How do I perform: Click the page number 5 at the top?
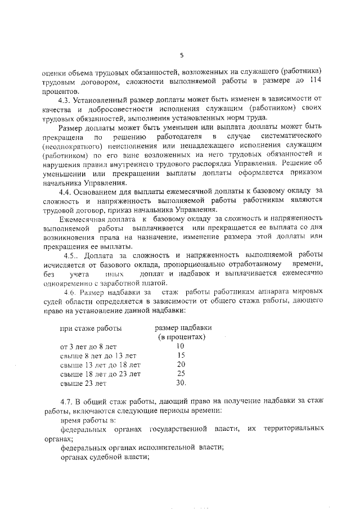click(x=182, y=55)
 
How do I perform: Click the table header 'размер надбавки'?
click(x=179, y=327)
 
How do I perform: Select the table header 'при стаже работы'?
click(x=91, y=328)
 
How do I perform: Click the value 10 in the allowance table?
click(x=180, y=346)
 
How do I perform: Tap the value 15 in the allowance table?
click(x=181, y=355)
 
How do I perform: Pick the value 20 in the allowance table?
click(x=181, y=364)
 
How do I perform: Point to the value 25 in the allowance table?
click(x=181, y=373)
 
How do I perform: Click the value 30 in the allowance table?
click(x=181, y=383)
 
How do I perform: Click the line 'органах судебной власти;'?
click(x=104, y=457)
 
